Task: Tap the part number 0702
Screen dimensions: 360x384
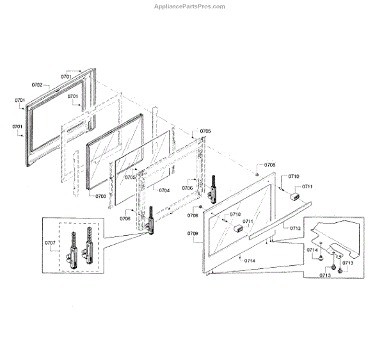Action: [36, 85]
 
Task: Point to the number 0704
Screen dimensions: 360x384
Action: [164, 190]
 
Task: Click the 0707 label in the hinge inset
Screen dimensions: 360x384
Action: [50, 243]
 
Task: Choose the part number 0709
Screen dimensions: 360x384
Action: [193, 234]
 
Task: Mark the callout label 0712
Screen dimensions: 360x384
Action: [295, 228]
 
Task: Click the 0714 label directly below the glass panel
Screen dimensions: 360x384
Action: [248, 261]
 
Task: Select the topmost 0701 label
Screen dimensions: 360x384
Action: [67, 76]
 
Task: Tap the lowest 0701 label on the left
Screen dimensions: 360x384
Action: [17, 127]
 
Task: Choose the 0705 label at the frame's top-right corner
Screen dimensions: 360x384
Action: [205, 131]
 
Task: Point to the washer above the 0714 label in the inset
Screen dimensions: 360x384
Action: [321, 244]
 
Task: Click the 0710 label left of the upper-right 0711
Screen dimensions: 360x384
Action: [294, 176]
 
